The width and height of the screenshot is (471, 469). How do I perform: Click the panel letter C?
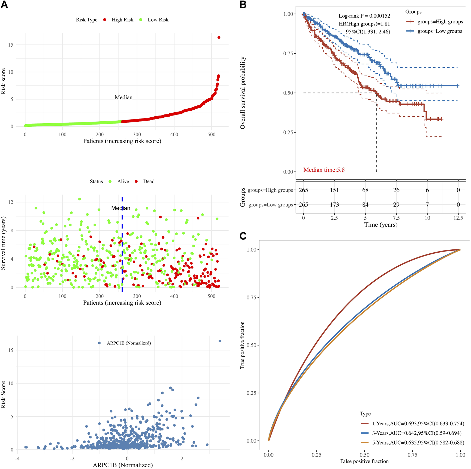pyautogui.click(x=243, y=236)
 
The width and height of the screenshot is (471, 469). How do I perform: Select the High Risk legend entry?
pyautogui.click(x=119, y=20)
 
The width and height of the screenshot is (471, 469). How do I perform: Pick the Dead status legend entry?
pyautogui.click(x=145, y=182)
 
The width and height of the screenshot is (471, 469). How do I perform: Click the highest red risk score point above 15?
pyautogui.click(x=219, y=37)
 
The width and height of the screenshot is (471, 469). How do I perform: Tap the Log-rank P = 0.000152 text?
pyautogui.click(x=364, y=16)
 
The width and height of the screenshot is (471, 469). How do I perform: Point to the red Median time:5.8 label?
pyautogui.click(x=324, y=170)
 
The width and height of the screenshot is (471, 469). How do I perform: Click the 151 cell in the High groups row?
pyautogui.click(x=334, y=190)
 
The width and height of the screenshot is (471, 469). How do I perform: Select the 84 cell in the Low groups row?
pyautogui.click(x=365, y=205)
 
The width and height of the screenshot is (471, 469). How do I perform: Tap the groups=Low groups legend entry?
pyautogui.click(x=435, y=31)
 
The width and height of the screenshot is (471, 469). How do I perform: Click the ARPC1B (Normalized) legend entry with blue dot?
pyautogui.click(x=125, y=343)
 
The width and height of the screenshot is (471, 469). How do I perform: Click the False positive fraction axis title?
pyautogui.click(x=364, y=461)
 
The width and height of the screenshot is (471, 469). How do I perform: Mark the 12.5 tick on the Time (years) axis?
pyautogui.click(x=458, y=218)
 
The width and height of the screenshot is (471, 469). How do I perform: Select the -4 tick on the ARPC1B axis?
pyautogui.click(x=17, y=459)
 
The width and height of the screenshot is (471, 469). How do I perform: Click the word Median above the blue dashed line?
pyautogui.click(x=121, y=208)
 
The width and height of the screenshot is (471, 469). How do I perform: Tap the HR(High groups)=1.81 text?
pyautogui.click(x=364, y=24)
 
